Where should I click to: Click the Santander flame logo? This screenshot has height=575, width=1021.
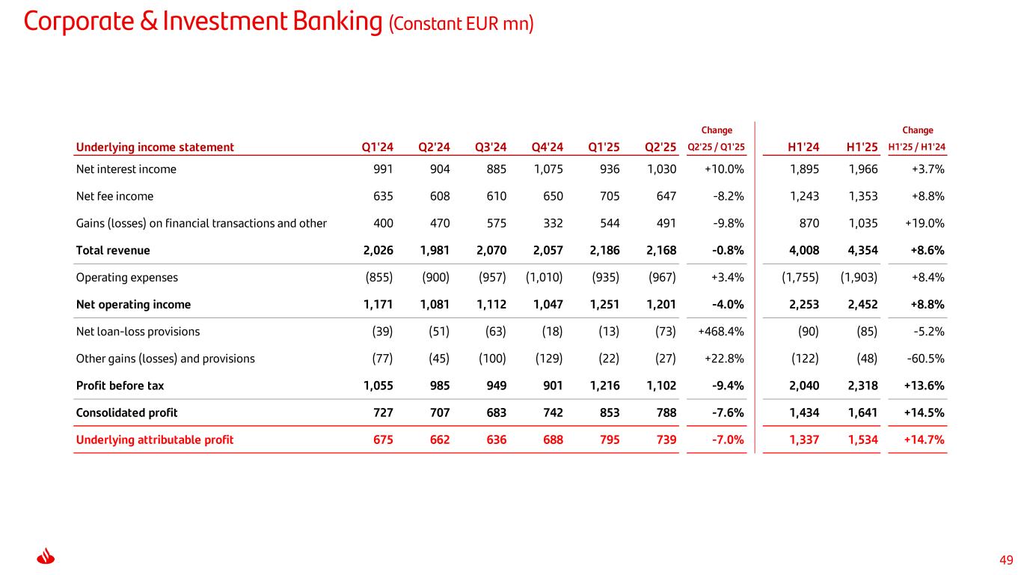tap(46, 559)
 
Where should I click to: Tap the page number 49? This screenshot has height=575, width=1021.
tap(1006, 560)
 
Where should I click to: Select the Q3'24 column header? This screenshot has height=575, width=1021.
tap(491, 147)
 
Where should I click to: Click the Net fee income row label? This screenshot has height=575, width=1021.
tap(114, 196)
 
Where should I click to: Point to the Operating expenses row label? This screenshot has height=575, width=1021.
tap(127, 277)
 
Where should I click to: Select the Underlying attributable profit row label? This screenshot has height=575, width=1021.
tap(155, 439)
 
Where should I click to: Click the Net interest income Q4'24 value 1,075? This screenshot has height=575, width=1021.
tap(549, 169)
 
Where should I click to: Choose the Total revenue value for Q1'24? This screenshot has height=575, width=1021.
tap(372, 250)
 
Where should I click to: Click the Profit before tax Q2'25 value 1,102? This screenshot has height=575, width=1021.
tap(661, 386)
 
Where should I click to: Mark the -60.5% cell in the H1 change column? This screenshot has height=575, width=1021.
tap(925, 358)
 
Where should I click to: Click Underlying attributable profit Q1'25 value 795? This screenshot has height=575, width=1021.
tap(607, 439)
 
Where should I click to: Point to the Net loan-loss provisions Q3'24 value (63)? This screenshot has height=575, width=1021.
tap(492, 331)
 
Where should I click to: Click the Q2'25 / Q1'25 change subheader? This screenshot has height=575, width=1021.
tap(715, 147)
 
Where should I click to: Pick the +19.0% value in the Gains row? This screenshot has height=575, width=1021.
tap(924, 223)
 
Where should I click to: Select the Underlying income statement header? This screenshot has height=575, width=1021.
tap(155, 147)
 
